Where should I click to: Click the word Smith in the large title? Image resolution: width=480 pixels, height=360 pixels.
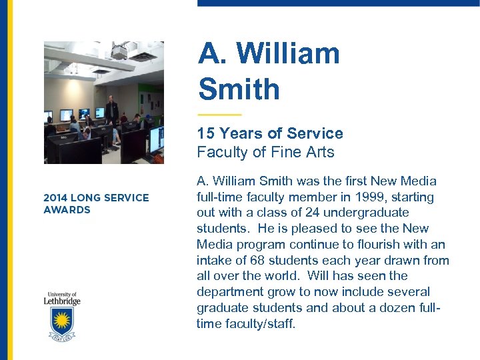[239, 89]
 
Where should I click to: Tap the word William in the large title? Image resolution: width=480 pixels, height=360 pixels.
[288, 53]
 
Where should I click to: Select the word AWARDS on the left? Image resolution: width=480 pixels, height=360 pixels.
[67, 210]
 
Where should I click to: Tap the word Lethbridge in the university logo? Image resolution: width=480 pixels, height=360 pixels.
[63, 301]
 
